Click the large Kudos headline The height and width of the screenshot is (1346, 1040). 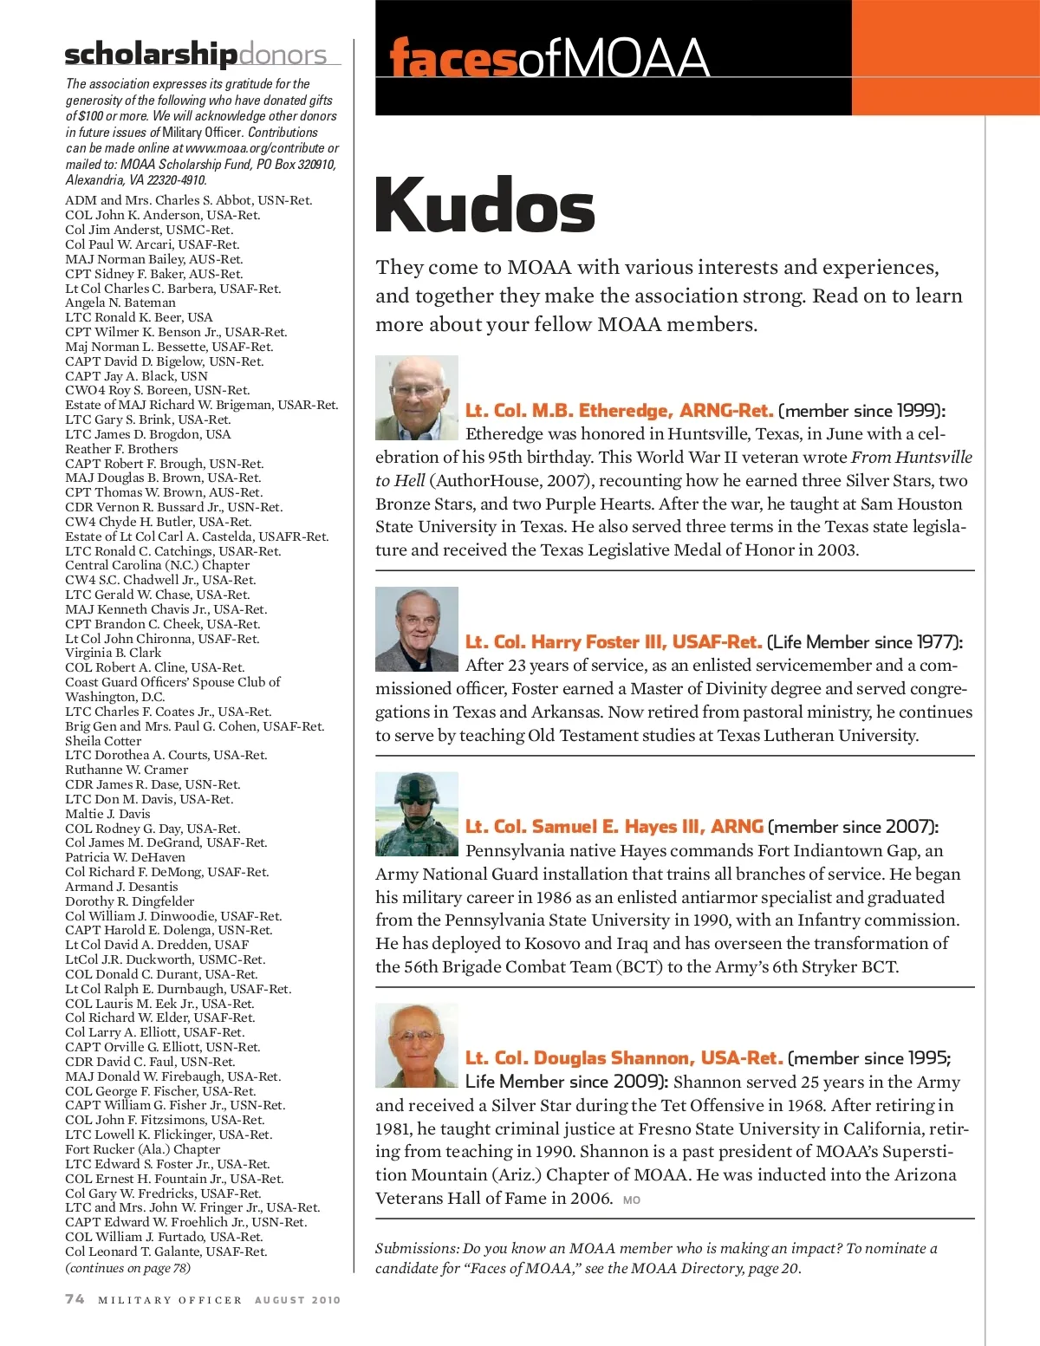point(484,205)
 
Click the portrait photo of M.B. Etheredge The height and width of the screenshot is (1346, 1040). point(417,398)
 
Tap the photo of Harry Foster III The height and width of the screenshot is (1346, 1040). point(417,629)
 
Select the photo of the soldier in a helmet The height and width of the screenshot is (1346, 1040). point(417,814)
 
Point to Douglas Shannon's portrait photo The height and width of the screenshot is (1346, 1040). point(417,1045)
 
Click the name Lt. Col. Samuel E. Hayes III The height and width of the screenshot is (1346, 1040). point(614,827)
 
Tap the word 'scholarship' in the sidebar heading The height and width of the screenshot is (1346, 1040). point(151,54)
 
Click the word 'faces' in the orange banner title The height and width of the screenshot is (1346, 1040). point(453,58)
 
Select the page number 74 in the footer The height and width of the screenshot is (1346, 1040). point(75,1298)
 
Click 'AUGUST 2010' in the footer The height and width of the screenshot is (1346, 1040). point(297,1300)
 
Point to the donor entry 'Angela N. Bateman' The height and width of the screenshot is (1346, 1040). point(120,302)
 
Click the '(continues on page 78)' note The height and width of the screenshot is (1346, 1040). point(128,1268)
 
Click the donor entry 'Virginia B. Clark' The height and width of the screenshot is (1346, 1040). point(114,653)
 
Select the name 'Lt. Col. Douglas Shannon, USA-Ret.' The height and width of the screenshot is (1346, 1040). point(624,1058)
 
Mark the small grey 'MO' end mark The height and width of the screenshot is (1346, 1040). point(632,1200)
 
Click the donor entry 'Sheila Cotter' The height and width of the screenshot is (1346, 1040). point(103,741)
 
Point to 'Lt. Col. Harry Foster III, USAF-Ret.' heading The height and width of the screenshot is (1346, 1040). point(614,642)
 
